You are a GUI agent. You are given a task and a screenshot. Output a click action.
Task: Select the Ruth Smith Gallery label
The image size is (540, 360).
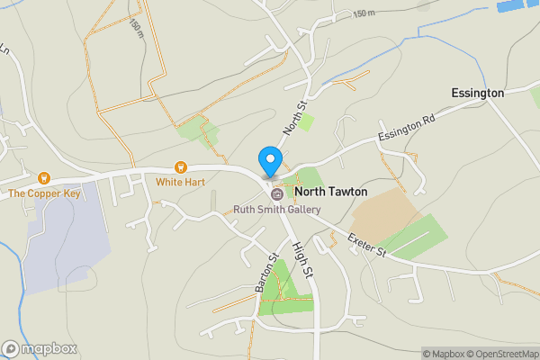point(277,210)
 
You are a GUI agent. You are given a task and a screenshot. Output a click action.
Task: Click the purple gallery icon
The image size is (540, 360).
point(276,193)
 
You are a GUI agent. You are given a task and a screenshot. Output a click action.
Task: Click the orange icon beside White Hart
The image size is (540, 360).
point(180,166)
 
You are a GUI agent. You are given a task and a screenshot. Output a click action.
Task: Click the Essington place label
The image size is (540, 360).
point(477,93)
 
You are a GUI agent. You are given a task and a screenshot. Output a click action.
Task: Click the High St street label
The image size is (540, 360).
point(306,260)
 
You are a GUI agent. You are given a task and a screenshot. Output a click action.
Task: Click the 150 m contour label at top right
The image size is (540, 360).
point(363,13)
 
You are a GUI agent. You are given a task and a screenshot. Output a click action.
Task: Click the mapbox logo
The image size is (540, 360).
point(40,348)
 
